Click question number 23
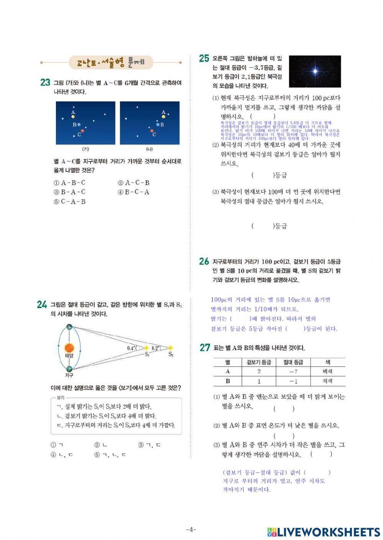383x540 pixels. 45,82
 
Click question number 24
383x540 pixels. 42,305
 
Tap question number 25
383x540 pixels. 204,59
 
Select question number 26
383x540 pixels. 204,261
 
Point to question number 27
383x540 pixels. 205,347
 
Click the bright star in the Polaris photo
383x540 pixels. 315,71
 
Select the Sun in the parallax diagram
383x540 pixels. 69,347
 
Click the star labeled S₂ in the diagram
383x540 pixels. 170,348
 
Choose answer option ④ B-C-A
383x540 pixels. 134,192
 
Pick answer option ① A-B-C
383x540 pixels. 69,183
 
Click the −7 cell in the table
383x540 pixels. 293,372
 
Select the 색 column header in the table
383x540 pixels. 327,362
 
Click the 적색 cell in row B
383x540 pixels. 327,381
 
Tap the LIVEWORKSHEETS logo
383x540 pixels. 323,532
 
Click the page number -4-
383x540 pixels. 191,530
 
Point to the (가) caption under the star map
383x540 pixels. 85,149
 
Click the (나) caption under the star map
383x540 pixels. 149,149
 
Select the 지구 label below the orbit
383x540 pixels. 69,375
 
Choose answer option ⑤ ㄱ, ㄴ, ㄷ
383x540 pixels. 110,455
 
